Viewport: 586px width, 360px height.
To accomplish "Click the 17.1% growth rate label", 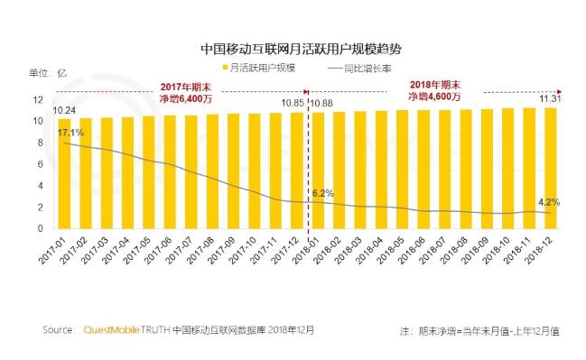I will pyautogui.click(x=71, y=133).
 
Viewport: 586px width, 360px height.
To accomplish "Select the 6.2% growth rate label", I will pyautogui.click(x=323, y=193).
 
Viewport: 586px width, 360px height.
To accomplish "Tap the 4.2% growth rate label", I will pyautogui.click(x=546, y=203).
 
